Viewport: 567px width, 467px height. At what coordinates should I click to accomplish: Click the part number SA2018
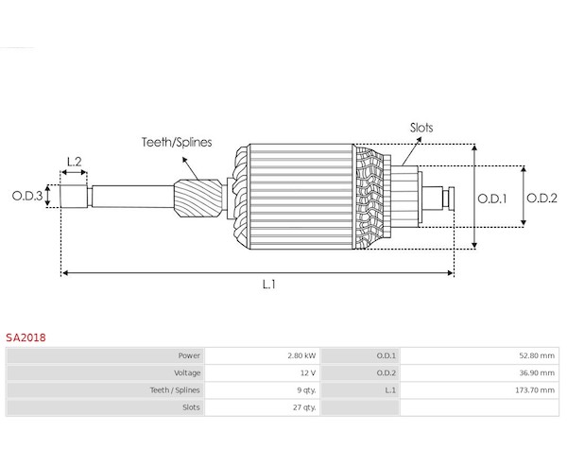pos(26,337)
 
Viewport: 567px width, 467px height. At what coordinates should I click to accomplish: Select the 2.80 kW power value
pos(301,355)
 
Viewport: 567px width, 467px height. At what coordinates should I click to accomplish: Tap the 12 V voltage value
pos(306,372)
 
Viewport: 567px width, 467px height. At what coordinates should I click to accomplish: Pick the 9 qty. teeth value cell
pos(304,389)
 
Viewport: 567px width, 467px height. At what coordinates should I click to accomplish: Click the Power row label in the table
pos(189,355)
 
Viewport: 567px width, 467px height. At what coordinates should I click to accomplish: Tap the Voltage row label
pos(186,372)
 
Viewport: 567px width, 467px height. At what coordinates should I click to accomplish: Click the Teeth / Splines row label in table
pos(176,389)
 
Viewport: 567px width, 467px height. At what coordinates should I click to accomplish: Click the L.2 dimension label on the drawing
pos(75,162)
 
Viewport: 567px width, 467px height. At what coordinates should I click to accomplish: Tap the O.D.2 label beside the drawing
pos(541,198)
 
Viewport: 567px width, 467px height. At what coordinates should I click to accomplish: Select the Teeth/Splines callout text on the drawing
pos(177,142)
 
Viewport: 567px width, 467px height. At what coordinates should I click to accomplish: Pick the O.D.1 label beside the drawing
pos(491,198)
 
